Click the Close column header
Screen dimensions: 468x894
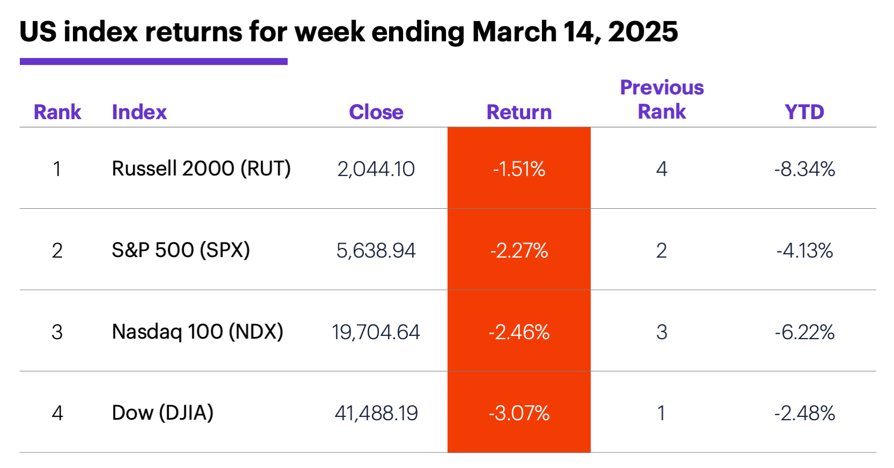[376, 112]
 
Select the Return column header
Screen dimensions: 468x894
[519, 112]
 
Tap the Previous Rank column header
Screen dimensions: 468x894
[661, 100]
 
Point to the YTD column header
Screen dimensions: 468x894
[804, 112]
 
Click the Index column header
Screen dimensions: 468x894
[139, 112]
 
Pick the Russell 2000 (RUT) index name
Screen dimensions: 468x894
[201, 169]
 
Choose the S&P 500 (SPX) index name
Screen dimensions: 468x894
[181, 250]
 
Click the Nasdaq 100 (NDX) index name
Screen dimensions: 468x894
[197, 332]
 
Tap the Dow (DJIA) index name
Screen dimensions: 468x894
[162, 413]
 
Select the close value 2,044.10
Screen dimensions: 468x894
[376, 169]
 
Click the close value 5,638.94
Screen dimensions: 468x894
[376, 251]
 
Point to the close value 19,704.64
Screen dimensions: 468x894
[376, 332]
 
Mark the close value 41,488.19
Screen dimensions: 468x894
[376, 413]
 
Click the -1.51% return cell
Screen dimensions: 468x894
[519, 169]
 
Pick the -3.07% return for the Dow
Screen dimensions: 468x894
[519, 413]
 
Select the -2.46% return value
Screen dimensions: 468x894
[519, 332]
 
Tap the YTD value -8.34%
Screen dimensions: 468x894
[804, 169]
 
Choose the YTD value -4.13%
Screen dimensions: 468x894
[804, 251]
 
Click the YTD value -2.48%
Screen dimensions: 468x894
[804, 413]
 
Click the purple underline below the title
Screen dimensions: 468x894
[153, 62]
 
